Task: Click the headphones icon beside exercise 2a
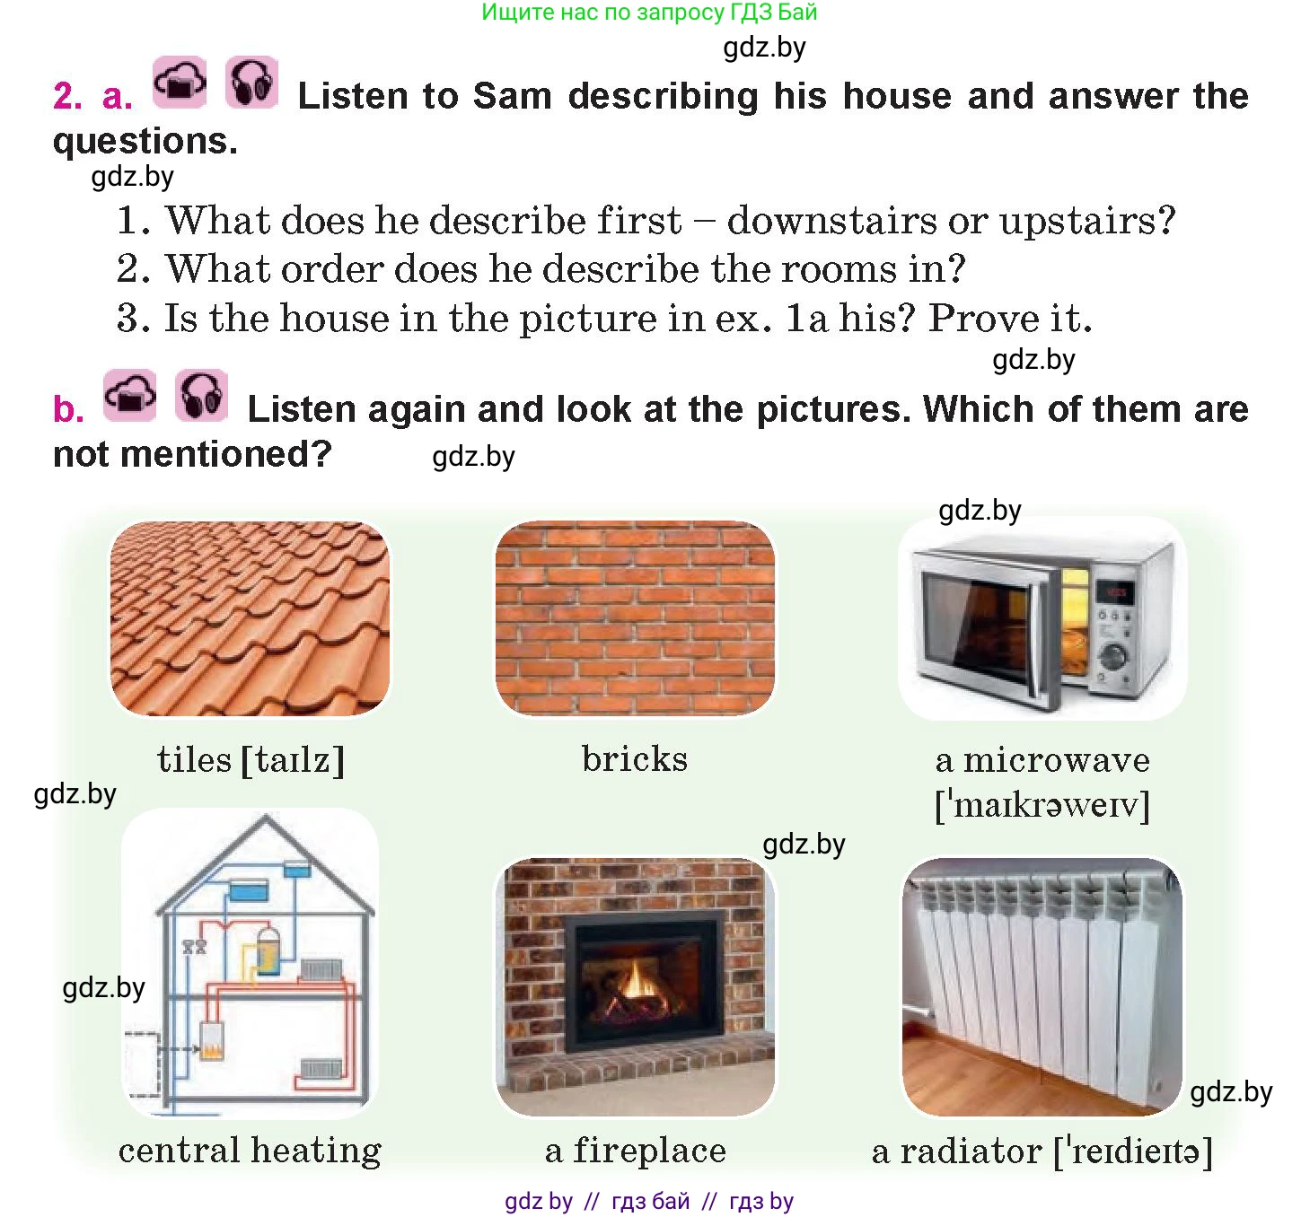[x=251, y=82]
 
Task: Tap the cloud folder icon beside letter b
[x=129, y=396]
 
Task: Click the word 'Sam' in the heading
[x=513, y=96]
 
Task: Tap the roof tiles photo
[x=250, y=618]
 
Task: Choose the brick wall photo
[x=635, y=617]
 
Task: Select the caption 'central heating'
[x=250, y=1151]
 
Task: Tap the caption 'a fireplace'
[x=636, y=1151]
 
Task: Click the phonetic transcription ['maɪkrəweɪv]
[x=1042, y=805]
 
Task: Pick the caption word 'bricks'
[x=635, y=758]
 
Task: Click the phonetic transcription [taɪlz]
[x=293, y=760]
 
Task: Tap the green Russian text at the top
[x=649, y=13]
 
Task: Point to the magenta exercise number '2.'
[x=67, y=96]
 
